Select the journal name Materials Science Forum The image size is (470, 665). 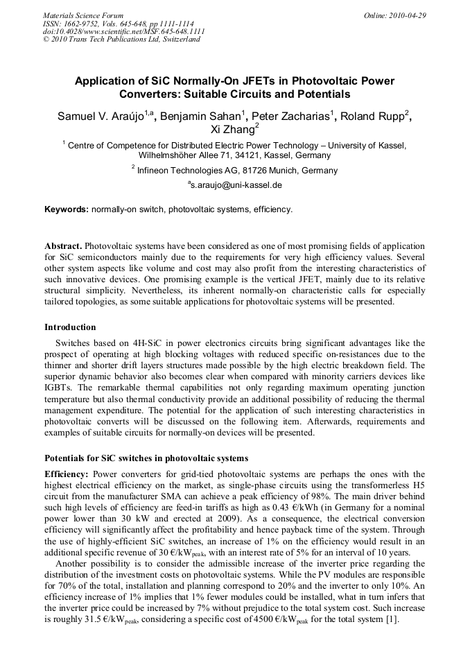tap(83, 15)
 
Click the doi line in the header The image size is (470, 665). tap(123, 31)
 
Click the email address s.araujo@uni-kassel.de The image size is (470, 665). tap(236, 186)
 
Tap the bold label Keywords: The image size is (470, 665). tap(67, 209)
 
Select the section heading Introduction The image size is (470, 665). tap(70, 327)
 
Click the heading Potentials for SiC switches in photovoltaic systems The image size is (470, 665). tap(146, 458)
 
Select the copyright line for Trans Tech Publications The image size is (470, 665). tap(121, 40)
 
